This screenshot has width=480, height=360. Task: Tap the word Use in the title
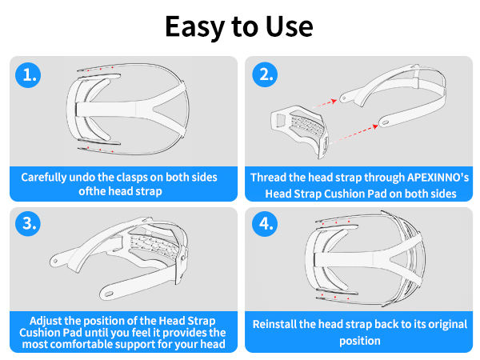click(x=290, y=26)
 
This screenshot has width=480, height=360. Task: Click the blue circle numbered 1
click(x=28, y=75)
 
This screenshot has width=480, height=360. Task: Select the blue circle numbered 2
click(x=265, y=74)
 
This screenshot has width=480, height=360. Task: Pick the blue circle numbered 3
click(x=28, y=223)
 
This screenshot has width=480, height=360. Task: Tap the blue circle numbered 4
click(x=265, y=223)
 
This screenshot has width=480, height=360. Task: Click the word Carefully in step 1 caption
click(x=44, y=178)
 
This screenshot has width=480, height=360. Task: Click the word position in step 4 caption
click(x=360, y=341)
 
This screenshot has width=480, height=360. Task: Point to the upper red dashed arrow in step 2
click(x=325, y=104)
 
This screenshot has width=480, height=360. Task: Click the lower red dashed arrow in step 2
click(x=354, y=134)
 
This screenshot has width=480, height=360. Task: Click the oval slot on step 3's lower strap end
click(x=109, y=294)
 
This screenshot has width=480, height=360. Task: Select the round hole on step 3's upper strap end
click(x=55, y=261)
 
